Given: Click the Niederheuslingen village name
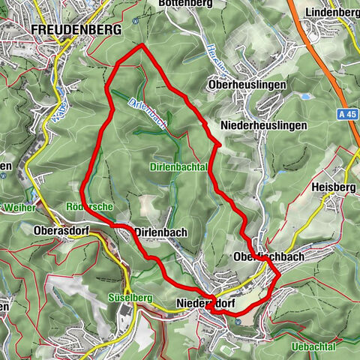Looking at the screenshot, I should pyautogui.click(x=265, y=125).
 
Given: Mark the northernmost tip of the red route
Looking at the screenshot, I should pyautogui.click(x=141, y=46).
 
